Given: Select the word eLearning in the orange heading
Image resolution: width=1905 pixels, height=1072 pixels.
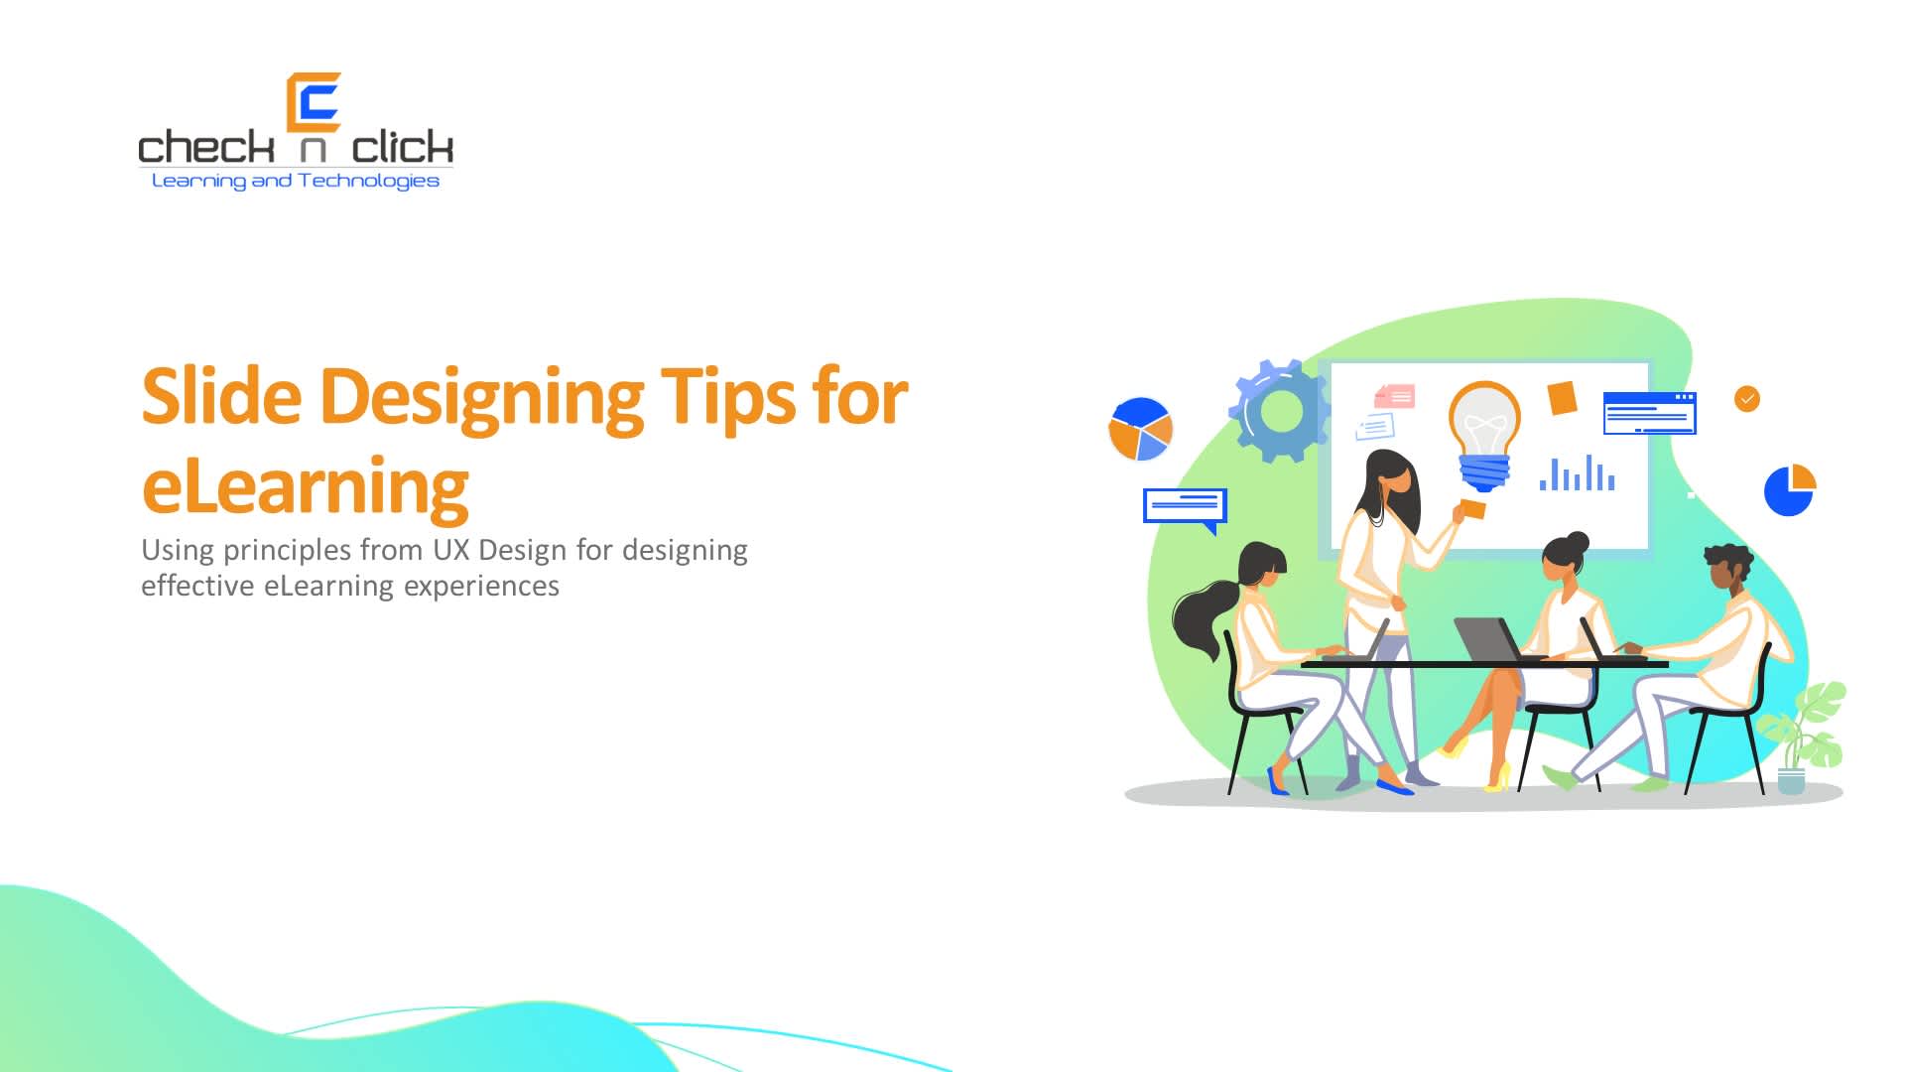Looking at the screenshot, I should click(x=305, y=486).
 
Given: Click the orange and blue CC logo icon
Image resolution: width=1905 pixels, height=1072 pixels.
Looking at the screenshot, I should click(x=314, y=102).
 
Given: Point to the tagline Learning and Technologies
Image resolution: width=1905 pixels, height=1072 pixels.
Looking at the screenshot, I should click(x=295, y=181).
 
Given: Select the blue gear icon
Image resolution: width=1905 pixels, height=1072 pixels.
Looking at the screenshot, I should click(x=1279, y=411).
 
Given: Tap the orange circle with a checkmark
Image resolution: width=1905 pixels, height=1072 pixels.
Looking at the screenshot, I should click(x=1746, y=399).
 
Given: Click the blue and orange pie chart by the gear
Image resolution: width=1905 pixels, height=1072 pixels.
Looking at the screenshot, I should click(x=1140, y=430).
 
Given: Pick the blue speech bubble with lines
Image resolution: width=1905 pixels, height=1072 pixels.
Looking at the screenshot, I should click(x=1185, y=506).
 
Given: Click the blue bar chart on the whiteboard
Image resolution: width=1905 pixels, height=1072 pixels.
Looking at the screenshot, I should click(x=1577, y=474).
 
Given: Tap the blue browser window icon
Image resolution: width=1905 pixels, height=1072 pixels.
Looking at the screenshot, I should click(x=1649, y=413).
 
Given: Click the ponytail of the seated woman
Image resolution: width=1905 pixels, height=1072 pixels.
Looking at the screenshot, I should click(x=1203, y=615).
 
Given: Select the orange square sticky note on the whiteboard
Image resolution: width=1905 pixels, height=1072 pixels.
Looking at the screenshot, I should click(x=1563, y=398).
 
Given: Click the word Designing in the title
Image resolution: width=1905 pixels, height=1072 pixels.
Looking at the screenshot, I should click(x=481, y=397).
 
